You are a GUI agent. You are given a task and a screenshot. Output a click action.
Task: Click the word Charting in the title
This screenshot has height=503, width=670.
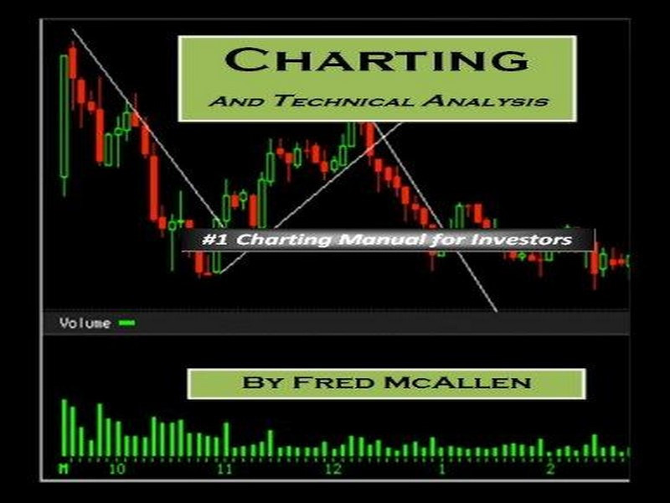pos(377,60)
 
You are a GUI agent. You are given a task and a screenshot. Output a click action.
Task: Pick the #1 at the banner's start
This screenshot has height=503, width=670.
pos(215,239)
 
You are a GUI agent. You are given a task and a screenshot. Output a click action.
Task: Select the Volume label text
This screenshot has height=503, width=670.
pos(85,323)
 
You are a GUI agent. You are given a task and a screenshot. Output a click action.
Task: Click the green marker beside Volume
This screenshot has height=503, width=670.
pos(127,323)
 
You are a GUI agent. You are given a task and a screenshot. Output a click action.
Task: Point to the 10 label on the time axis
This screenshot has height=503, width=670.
pos(117,469)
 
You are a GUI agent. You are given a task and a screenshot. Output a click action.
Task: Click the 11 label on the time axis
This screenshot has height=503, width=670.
pos(224,469)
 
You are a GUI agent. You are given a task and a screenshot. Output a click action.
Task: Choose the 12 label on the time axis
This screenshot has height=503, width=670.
pos(333,469)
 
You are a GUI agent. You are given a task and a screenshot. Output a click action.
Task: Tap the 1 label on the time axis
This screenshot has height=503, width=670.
pos(443,469)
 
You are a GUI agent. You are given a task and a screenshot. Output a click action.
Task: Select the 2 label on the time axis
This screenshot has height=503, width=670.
pos(550,469)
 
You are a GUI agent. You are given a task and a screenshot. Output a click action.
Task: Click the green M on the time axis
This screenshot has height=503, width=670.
pos(64,469)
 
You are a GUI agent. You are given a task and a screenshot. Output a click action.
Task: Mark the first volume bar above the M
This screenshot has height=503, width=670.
pos(64,428)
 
